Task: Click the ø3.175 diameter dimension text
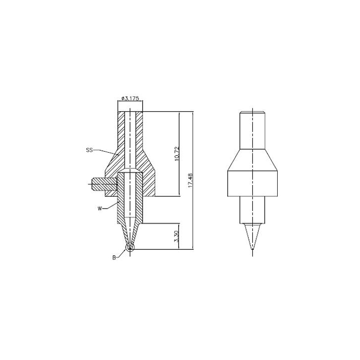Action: (130, 98)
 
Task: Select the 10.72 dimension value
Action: (176, 153)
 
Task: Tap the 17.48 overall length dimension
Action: (190, 180)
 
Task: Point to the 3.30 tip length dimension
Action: (176, 237)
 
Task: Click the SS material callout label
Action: (89, 150)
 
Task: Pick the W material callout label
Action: (99, 208)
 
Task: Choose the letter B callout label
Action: (114, 257)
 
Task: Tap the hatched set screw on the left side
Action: (104, 184)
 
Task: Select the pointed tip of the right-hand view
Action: (252, 250)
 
